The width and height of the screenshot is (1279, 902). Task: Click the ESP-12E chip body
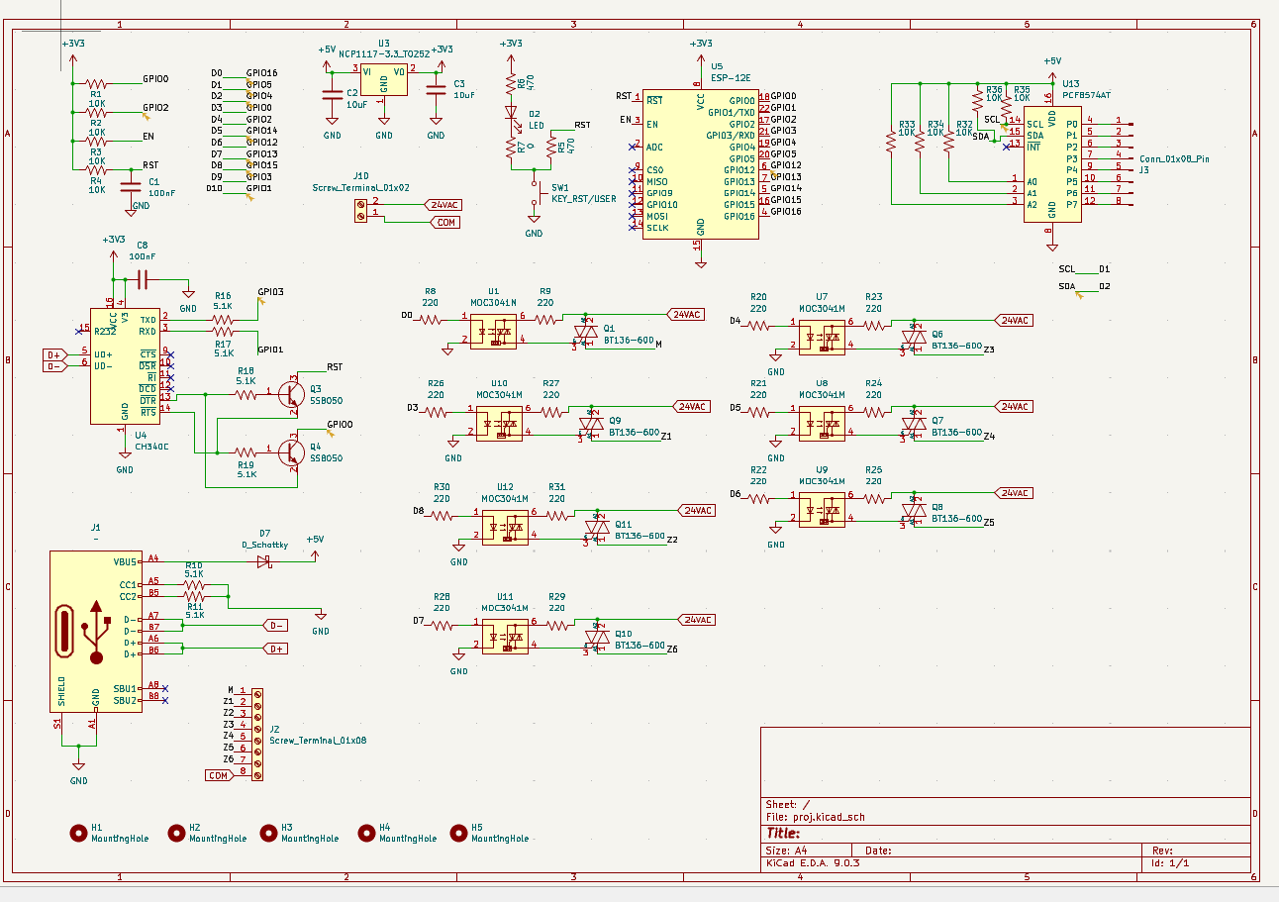[x=700, y=163]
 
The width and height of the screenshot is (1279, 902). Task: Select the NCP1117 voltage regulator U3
[x=383, y=80]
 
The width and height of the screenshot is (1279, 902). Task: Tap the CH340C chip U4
[x=125, y=366]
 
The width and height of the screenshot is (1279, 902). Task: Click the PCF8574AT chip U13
[x=1050, y=164]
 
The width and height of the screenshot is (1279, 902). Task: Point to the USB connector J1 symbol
[x=95, y=631]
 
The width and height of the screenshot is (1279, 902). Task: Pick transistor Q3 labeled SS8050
[x=291, y=394]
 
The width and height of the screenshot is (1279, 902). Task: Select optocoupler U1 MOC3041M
[x=493, y=331]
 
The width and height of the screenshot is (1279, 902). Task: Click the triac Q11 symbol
[x=597, y=526]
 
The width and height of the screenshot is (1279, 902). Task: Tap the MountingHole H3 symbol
[x=269, y=833]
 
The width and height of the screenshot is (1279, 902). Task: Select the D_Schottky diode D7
[x=263, y=561]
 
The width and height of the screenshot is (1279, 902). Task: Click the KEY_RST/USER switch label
[x=584, y=198]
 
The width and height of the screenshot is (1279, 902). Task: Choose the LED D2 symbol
[x=511, y=118]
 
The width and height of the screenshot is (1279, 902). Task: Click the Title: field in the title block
[x=783, y=833]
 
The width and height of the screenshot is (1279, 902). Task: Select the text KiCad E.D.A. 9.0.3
[x=813, y=863]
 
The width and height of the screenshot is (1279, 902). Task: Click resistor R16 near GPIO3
[x=223, y=320]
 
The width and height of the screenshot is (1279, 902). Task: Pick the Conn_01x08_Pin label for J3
[x=1174, y=158]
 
